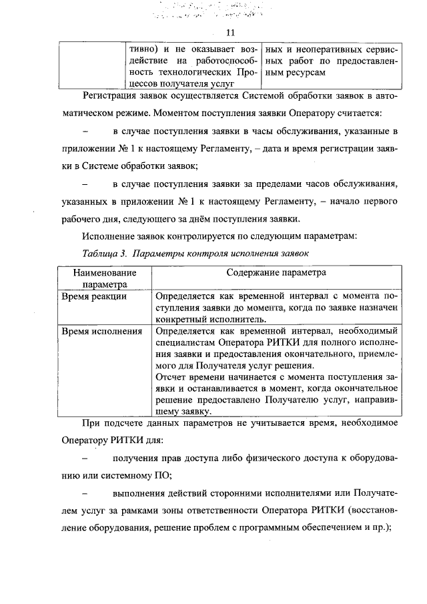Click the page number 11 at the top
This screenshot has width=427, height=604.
[231, 32]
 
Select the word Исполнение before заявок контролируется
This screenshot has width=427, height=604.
[108, 236]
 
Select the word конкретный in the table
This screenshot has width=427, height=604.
[179, 319]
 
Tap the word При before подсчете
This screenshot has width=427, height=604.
[90, 424]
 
